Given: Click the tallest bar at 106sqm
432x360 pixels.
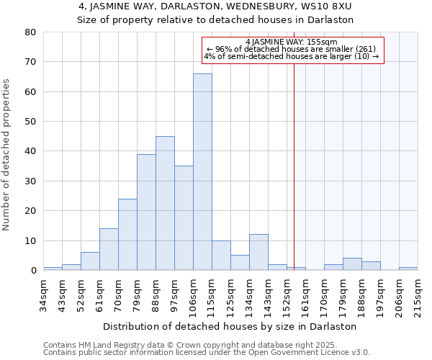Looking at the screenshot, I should coord(202,172).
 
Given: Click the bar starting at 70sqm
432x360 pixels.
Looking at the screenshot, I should coord(127,235).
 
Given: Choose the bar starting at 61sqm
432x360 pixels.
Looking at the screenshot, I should coord(109,249).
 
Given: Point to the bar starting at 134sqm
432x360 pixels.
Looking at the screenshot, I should coord(258,252).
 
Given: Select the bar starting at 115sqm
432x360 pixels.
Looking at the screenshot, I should coord(221,255).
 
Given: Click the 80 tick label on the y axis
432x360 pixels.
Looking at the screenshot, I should coord(30,32).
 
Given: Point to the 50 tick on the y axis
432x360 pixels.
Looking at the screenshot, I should coord(30,122).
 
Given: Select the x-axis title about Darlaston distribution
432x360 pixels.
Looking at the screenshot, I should coord(235,326).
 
